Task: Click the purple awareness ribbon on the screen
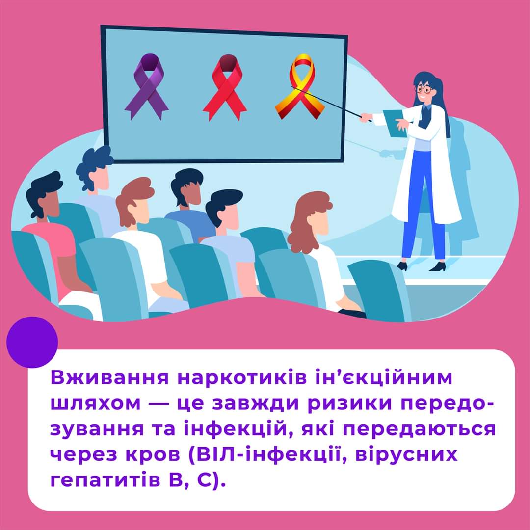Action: (146, 87)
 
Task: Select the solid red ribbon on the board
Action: (225, 88)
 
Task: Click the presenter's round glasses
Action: (424, 90)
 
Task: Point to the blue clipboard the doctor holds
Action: (395, 123)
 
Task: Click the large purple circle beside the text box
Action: (32, 342)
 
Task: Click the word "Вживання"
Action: (109, 377)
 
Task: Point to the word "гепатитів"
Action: (105, 480)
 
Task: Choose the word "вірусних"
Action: (406, 455)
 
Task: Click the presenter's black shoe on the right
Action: (437, 266)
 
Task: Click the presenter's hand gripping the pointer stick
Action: (366, 117)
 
